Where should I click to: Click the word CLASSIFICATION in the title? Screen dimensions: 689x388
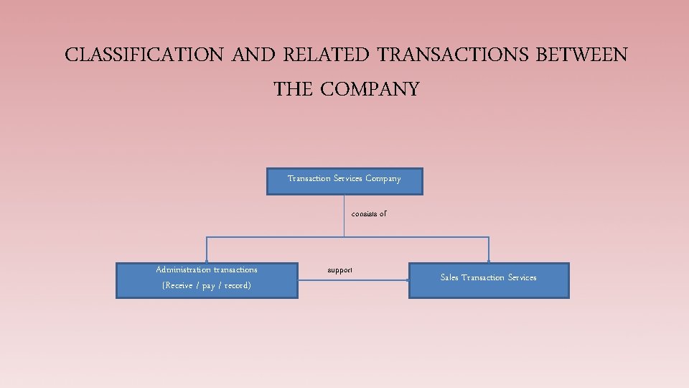click(144, 55)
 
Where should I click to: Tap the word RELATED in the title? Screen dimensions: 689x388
click(327, 55)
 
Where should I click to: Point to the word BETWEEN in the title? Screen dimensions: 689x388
click(581, 55)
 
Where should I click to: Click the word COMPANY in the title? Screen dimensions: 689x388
click(370, 90)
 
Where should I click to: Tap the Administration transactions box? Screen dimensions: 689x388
click(207, 280)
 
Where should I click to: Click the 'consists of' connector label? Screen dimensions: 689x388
click(369, 214)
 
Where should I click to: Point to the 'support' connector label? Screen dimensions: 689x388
click(339, 270)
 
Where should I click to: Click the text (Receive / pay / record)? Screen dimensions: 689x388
click(207, 286)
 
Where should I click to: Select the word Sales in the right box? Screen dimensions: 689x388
click(449, 277)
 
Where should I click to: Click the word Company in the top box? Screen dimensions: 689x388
click(383, 178)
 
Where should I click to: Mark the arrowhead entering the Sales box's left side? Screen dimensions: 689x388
click(407, 280)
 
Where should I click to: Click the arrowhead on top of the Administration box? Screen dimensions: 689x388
click(207, 261)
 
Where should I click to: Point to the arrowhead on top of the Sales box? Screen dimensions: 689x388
click(488, 261)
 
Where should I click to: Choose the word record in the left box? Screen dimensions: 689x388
click(236, 286)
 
